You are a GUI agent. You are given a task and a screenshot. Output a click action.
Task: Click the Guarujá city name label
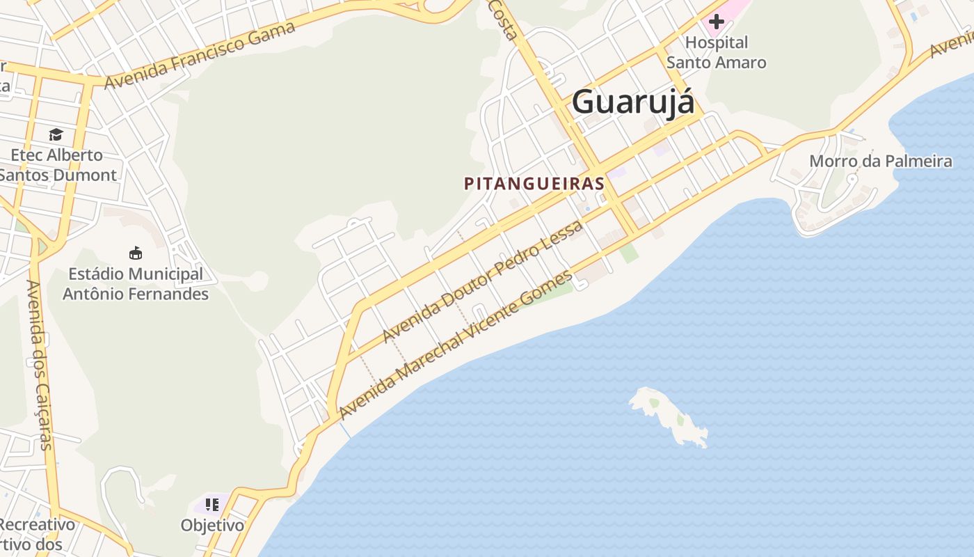632,102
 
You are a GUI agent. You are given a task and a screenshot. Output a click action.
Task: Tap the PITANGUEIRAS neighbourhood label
534,184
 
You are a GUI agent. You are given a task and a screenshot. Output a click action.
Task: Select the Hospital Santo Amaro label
717,52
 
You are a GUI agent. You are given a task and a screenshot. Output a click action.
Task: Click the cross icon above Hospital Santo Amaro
717,22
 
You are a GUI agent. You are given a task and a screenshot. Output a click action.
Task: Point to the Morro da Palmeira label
880,162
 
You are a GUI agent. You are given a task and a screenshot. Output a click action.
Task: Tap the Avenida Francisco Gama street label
200,55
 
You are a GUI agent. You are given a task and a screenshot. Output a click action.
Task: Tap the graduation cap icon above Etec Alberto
56,134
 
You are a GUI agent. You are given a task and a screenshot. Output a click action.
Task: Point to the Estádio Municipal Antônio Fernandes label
136,284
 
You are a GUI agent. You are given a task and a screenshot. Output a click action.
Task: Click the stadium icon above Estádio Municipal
136,253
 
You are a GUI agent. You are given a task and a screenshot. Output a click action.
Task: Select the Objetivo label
212,525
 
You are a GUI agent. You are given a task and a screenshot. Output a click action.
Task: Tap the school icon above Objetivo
212,504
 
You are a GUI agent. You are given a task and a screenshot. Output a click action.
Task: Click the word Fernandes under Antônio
172,294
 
